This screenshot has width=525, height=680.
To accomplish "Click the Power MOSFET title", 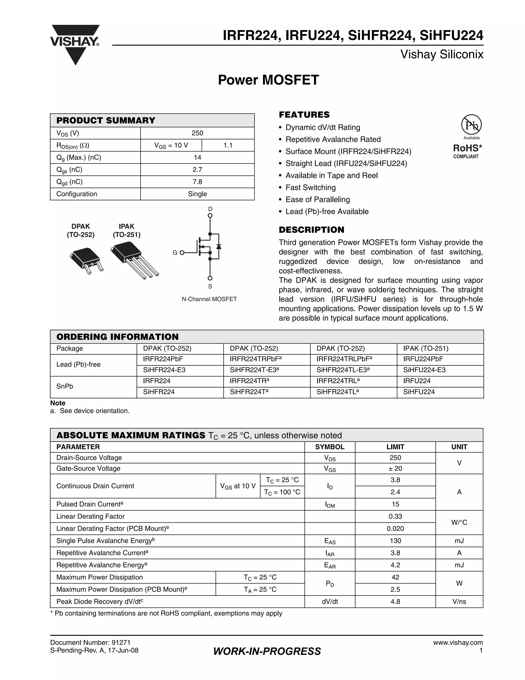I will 268,80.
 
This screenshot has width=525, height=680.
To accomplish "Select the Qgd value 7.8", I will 197,182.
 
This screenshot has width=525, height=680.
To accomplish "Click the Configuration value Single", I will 197,194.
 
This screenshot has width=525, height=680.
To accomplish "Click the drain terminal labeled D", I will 210,209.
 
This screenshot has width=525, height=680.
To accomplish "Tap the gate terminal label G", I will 175,253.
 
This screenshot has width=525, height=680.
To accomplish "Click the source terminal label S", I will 210,286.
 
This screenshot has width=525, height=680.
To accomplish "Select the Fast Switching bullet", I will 310,187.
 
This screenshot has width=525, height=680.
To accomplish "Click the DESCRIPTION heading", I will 311,230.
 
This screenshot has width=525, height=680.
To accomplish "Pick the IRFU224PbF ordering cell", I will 423,359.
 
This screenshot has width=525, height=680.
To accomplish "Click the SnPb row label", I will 65,386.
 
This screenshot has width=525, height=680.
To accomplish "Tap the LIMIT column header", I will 395,447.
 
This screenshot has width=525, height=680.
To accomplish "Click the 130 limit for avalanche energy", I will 395,541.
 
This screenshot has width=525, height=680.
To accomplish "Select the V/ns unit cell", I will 459,601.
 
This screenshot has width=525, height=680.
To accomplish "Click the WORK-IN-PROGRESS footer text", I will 267,651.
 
